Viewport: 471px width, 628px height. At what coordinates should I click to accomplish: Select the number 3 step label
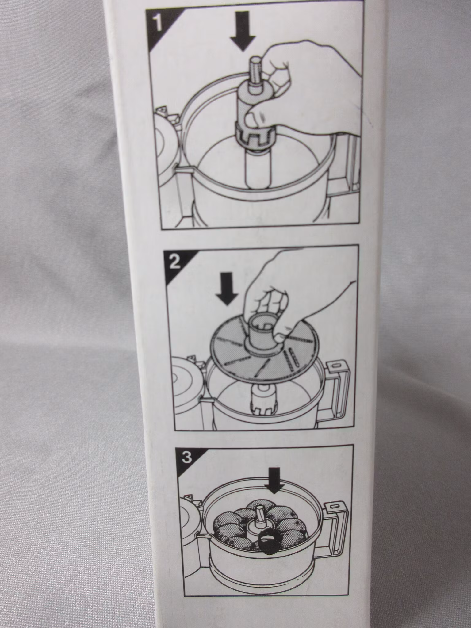click(187, 458)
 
